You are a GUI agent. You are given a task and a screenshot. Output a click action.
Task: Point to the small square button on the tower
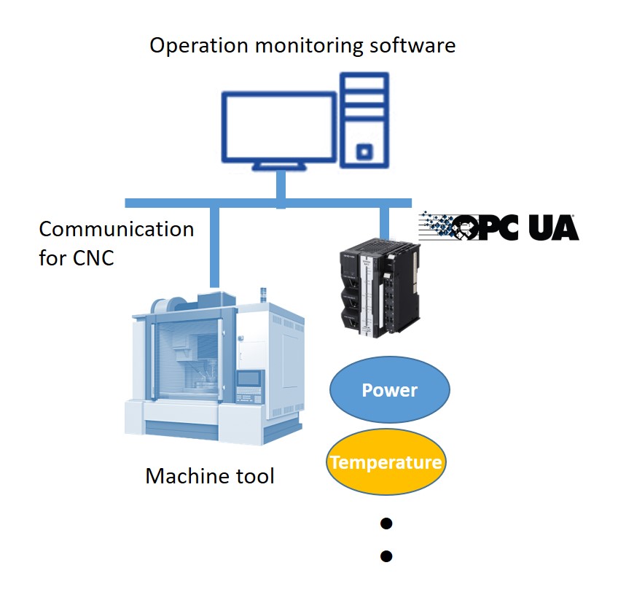coord(364,152)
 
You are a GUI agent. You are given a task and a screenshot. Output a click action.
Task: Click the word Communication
coord(116,229)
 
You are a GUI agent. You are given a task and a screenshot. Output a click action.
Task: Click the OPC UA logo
coord(500,227)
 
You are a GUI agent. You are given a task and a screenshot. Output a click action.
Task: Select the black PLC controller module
coord(379,292)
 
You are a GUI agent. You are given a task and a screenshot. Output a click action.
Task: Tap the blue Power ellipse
coord(390,390)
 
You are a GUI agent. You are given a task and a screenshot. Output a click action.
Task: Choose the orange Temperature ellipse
coord(386,462)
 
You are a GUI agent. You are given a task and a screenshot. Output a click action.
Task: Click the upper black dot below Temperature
coord(387,523)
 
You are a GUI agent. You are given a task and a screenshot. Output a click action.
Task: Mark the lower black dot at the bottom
coord(387,556)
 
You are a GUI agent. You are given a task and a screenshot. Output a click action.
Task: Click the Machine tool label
coord(210,477)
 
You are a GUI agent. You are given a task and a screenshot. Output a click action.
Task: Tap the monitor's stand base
coord(280,167)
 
